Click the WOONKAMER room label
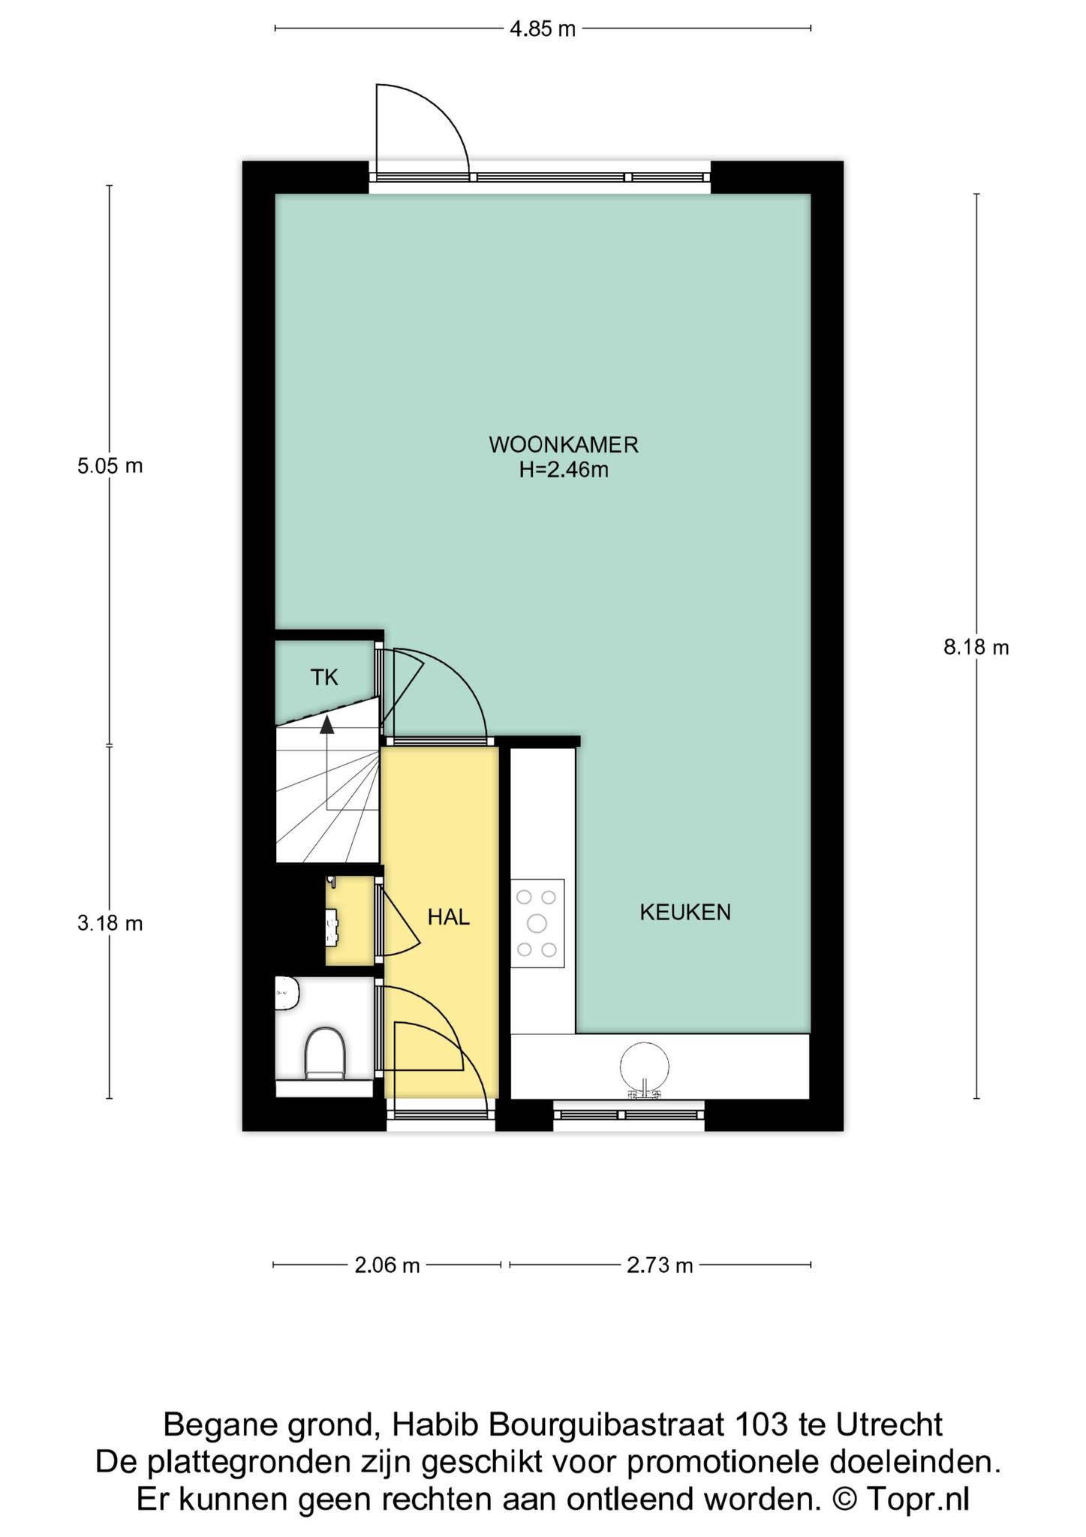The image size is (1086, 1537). (563, 444)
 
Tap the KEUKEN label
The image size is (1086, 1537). (685, 912)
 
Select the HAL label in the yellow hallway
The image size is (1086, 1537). (449, 916)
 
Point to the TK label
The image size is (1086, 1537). (324, 678)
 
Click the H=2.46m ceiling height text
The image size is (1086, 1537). (564, 471)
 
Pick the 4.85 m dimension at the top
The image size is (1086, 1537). (543, 29)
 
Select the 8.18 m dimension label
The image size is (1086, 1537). (976, 647)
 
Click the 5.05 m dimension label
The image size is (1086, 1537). (110, 466)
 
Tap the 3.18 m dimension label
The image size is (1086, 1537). (110, 923)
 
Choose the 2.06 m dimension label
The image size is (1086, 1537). (387, 1265)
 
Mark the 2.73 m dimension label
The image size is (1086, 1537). (660, 1265)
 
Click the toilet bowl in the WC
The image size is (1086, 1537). (325, 1053)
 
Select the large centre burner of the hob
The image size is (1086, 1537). (537, 922)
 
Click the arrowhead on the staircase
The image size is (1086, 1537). (326, 724)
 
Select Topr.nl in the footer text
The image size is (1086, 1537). (917, 1499)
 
